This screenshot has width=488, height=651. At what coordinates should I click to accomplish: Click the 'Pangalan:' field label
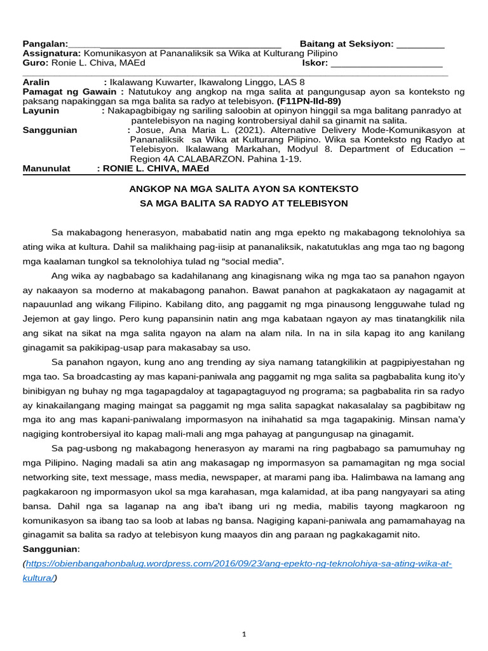[45, 44]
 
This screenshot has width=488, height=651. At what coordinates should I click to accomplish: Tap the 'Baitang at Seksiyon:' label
[347, 44]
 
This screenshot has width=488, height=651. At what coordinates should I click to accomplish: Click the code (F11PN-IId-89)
[309, 101]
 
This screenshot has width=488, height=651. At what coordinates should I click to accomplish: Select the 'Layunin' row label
[41, 111]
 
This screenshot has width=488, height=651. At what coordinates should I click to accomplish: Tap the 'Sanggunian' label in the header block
[50, 130]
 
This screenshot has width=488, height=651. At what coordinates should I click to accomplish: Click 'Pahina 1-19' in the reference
[274, 159]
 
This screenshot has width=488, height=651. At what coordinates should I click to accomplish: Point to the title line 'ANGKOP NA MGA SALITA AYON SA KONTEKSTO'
[244, 189]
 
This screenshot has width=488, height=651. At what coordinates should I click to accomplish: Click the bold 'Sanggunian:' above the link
[51, 549]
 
